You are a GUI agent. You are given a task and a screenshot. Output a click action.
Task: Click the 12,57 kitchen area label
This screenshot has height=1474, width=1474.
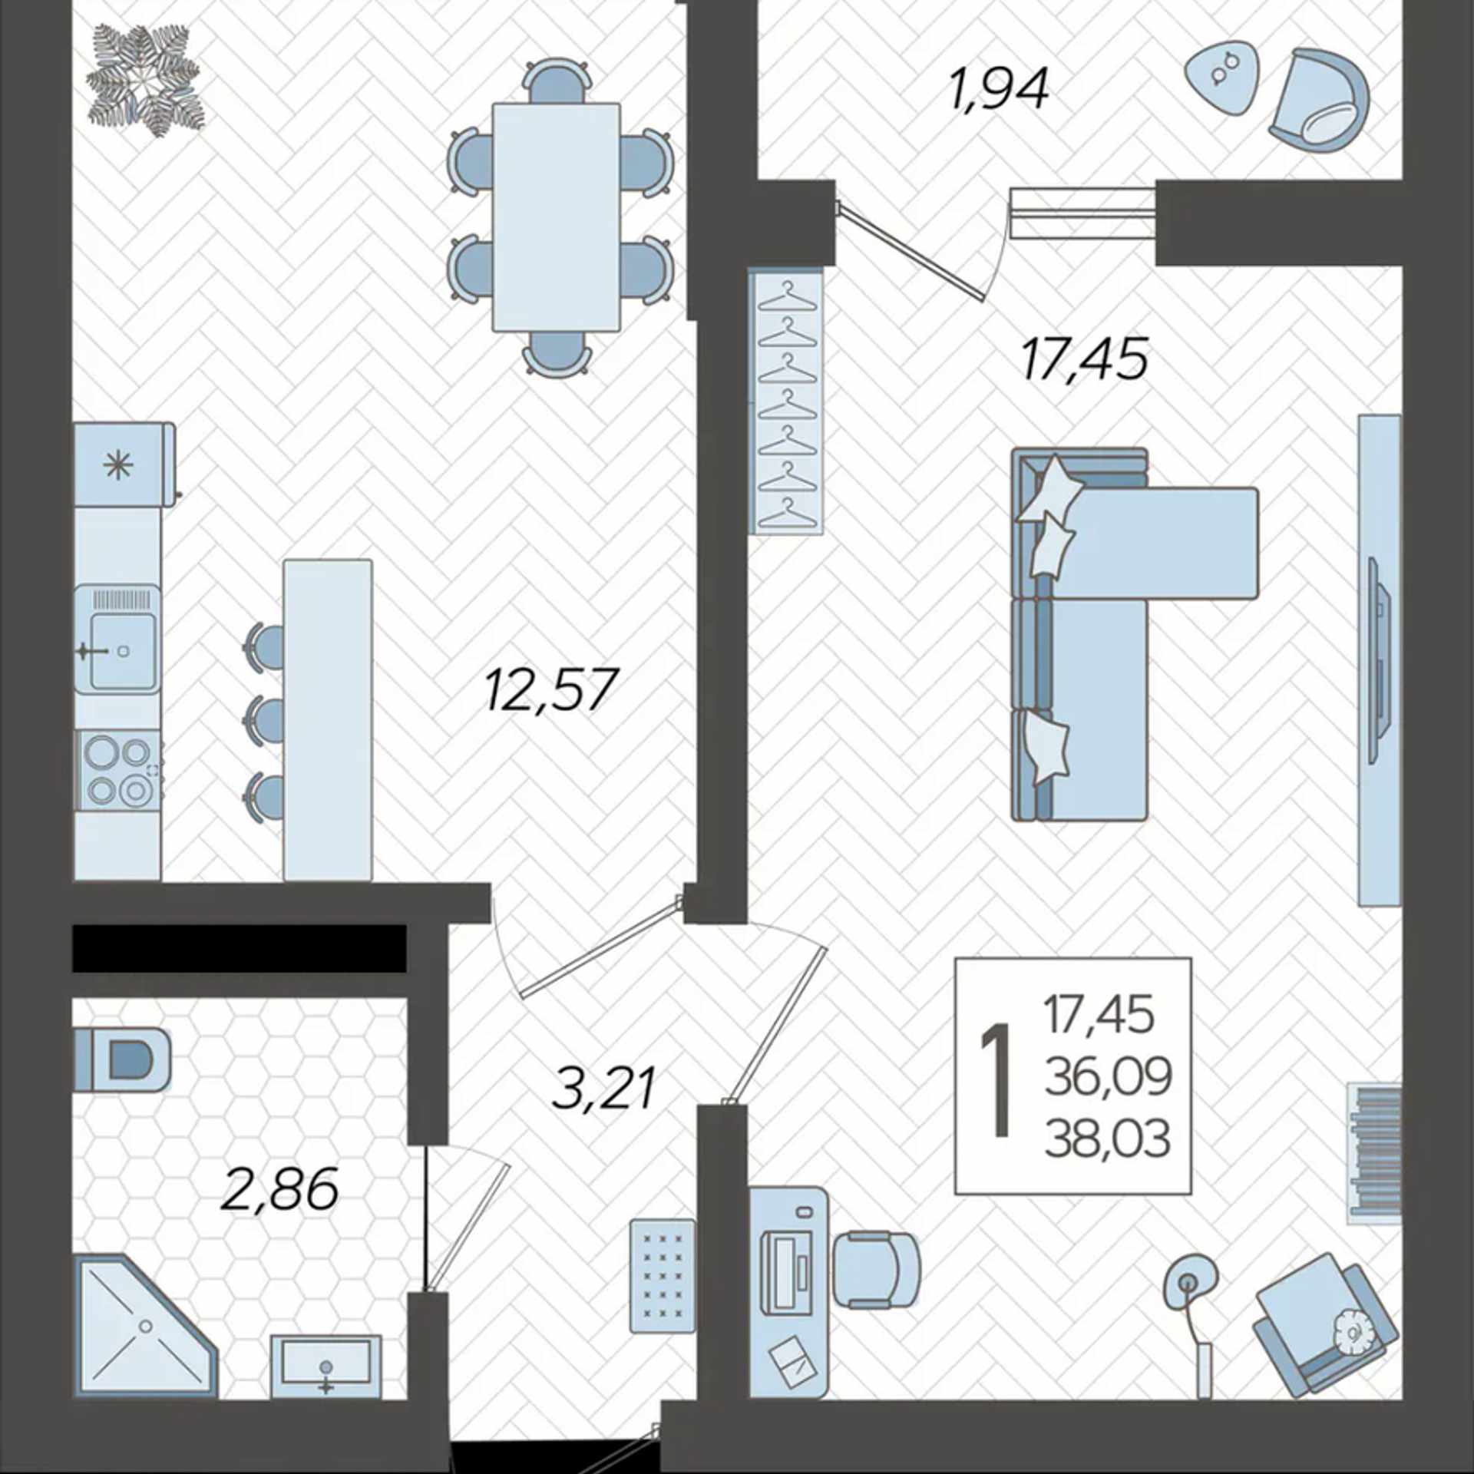pos(550,690)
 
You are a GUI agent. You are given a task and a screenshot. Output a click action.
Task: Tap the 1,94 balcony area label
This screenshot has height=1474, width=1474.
pos(999,90)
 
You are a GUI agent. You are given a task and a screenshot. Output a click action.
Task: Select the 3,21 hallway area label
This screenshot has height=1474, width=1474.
pos(604,1088)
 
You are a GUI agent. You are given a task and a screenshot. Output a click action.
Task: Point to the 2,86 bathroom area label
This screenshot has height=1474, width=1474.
pos(279,1189)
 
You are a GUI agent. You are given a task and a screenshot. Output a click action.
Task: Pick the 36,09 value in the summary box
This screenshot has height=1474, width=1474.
pos(1108,1076)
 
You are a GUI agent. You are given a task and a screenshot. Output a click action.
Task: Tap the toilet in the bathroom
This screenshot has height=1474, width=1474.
pos(122,1060)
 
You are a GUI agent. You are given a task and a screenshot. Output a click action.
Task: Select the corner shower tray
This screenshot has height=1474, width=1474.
pos(145,1326)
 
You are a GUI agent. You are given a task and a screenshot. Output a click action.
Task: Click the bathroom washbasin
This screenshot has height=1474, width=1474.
pos(326,1367)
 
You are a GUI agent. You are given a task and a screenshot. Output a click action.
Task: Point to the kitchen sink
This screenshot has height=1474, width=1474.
pos(117,640)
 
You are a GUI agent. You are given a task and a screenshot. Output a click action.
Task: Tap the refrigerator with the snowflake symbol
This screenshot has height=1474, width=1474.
pos(124,464)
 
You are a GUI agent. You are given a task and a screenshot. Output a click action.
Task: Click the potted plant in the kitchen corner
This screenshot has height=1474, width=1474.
pos(144,81)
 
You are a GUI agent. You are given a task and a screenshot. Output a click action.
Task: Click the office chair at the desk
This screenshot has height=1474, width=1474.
pos(876,1268)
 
